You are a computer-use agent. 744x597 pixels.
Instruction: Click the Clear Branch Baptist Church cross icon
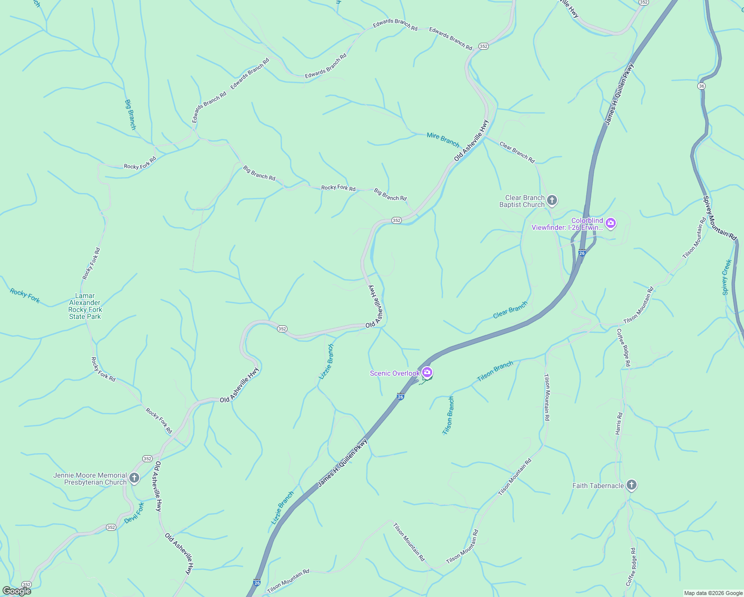pyautogui.click(x=552, y=200)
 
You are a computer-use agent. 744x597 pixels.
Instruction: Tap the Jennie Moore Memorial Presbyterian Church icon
pyautogui.click(x=134, y=479)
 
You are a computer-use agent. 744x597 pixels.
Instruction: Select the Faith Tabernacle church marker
pyautogui.click(x=631, y=485)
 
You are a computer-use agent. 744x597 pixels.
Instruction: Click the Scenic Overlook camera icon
pyautogui.click(x=427, y=373)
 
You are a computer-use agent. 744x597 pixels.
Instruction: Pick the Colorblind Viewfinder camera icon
pyautogui.click(x=611, y=223)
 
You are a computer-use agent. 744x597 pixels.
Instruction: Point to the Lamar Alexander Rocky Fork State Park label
pyautogui.click(x=85, y=306)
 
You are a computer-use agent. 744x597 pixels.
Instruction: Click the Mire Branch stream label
pyautogui.click(x=443, y=139)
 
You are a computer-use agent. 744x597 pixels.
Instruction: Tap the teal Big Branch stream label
pyautogui.click(x=130, y=114)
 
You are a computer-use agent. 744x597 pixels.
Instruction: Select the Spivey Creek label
pyautogui.click(x=727, y=277)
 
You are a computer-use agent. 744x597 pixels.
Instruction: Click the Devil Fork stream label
pyautogui.click(x=134, y=512)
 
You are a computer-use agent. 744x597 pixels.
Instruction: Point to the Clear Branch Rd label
pyautogui.click(x=517, y=152)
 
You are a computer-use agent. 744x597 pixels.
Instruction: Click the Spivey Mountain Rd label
pyautogui.click(x=719, y=218)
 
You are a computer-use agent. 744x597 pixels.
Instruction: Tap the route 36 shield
pyautogui.click(x=702, y=86)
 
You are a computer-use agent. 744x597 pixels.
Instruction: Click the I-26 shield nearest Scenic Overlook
pyautogui.click(x=400, y=397)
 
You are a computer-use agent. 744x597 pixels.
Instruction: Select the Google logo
pyautogui.click(x=16, y=591)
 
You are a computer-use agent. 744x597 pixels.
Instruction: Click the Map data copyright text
pyautogui.click(x=713, y=593)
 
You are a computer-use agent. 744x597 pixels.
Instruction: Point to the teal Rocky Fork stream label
pyautogui.click(x=25, y=296)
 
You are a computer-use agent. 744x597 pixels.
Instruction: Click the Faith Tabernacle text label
pyautogui.click(x=598, y=486)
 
